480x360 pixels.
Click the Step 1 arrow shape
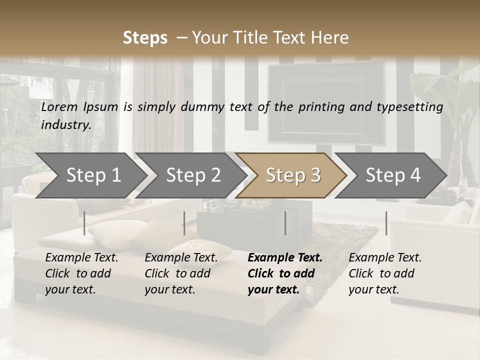coord(93,175)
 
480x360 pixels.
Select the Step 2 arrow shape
coord(193,175)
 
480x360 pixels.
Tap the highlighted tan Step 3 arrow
coord(292,175)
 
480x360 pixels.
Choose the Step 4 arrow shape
coord(392,175)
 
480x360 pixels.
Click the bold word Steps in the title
coord(145,37)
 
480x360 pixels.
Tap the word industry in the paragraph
coord(65,124)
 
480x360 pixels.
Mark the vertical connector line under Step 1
coord(84,223)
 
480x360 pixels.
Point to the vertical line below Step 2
coord(184,223)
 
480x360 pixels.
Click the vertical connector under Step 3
coord(285,223)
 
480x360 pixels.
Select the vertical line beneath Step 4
coord(386,223)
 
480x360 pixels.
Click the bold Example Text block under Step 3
coord(284,273)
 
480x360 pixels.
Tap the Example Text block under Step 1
coord(81,273)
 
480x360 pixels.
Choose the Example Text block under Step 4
coord(385,273)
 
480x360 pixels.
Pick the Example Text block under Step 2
coord(181,273)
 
